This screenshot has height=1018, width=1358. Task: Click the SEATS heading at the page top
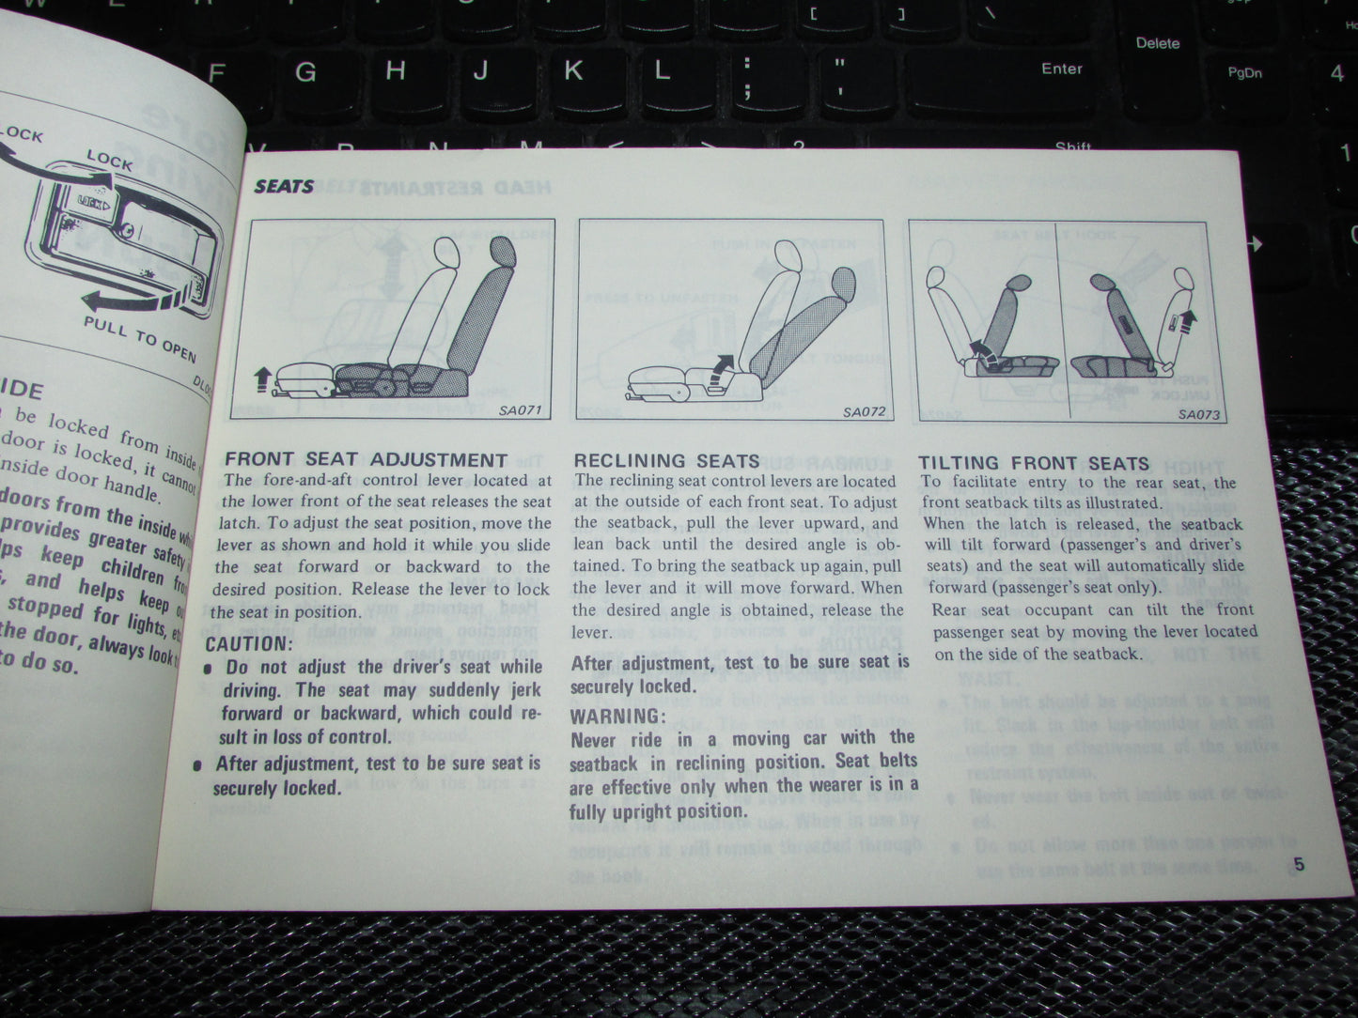(x=284, y=187)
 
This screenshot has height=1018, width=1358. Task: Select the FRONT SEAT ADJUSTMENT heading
(x=367, y=459)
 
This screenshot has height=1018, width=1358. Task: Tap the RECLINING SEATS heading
(x=666, y=460)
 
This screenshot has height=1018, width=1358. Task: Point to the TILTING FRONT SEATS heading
(x=1034, y=463)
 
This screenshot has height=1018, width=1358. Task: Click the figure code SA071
(x=521, y=409)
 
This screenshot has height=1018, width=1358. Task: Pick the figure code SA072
(x=863, y=411)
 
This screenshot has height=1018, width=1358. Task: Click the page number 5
(x=1298, y=866)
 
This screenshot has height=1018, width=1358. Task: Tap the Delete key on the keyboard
(x=1157, y=43)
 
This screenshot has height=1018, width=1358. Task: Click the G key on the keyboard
(x=305, y=71)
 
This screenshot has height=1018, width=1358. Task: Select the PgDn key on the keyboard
(x=1244, y=72)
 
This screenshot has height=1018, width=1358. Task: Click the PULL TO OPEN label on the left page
(x=140, y=338)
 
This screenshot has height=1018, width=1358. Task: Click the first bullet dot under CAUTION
(x=207, y=668)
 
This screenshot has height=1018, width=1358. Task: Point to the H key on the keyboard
(x=396, y=70)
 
